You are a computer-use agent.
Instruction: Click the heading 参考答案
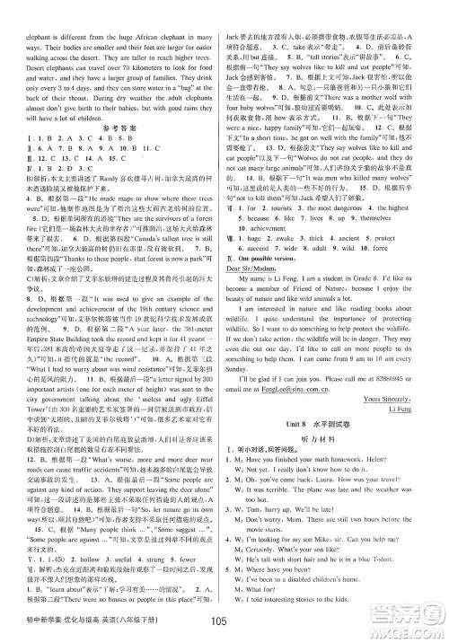coord(114,102)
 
